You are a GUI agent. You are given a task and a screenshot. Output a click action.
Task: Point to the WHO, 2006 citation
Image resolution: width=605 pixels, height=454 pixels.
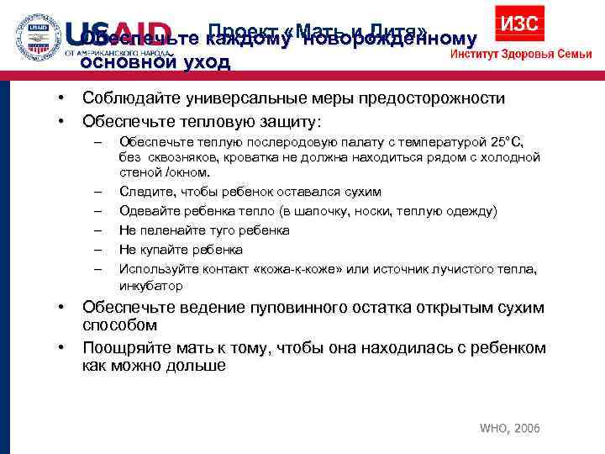tap(509, 429)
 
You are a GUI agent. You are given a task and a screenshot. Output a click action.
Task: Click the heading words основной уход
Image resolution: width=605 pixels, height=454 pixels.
tap(155, 61)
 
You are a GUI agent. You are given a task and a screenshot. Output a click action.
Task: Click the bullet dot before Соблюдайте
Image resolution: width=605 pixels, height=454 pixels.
tap(62, 98)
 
